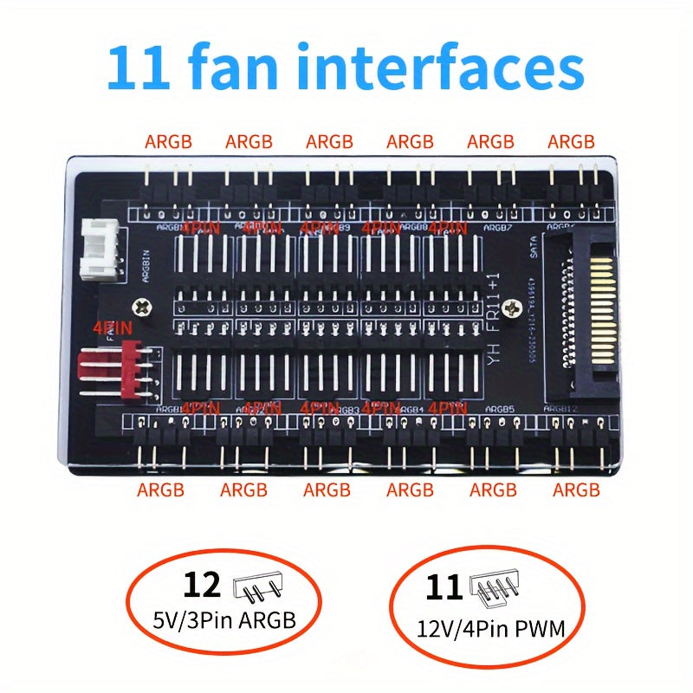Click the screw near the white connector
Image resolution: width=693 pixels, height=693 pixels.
tap(141, 305)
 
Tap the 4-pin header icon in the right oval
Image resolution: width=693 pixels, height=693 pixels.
tap(494, 588)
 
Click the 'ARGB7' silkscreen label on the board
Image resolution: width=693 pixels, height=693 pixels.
tap(498, 228)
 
